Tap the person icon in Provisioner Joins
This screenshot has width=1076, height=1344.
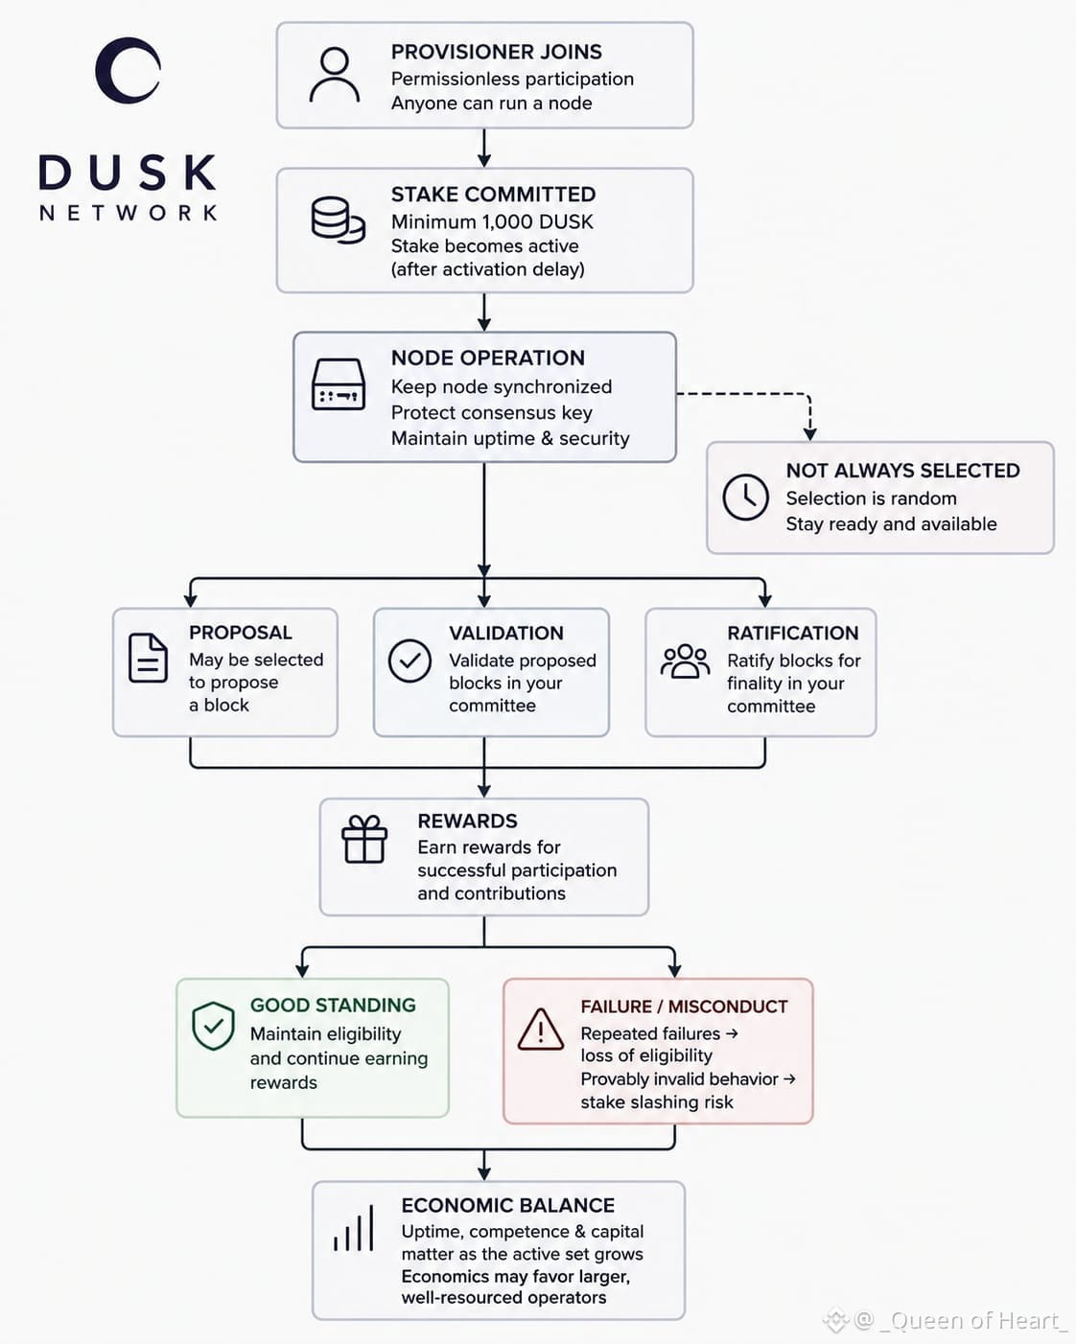[335, 75]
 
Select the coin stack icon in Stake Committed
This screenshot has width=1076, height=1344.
[338, 220]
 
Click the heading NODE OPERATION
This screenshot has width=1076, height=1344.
[488, 358]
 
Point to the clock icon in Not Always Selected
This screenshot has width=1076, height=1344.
[745, 498]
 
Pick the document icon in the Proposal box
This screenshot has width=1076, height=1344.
[148, 658]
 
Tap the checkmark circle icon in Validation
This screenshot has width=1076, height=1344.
[409, 660]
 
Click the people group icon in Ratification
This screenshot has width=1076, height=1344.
[685, 661]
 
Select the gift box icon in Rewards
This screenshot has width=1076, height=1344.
[364, 839]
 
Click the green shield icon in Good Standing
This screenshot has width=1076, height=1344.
[213, 1026]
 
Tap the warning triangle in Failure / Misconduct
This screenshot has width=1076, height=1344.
[541, 1029]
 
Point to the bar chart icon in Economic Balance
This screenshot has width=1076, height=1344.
[354, 1228]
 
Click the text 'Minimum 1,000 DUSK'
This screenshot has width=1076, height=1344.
[492, 221]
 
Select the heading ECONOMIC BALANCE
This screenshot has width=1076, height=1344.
[508, 1205]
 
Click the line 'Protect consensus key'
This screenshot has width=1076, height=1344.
[492, 413]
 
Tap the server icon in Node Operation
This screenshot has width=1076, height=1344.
[338, 384]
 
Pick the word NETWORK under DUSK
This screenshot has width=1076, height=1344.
[129, 213]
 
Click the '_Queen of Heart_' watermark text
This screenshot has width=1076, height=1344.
[973, 1321]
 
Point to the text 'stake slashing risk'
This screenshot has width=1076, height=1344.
[657, 1102]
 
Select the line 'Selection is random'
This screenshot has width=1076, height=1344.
[871, 498]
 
